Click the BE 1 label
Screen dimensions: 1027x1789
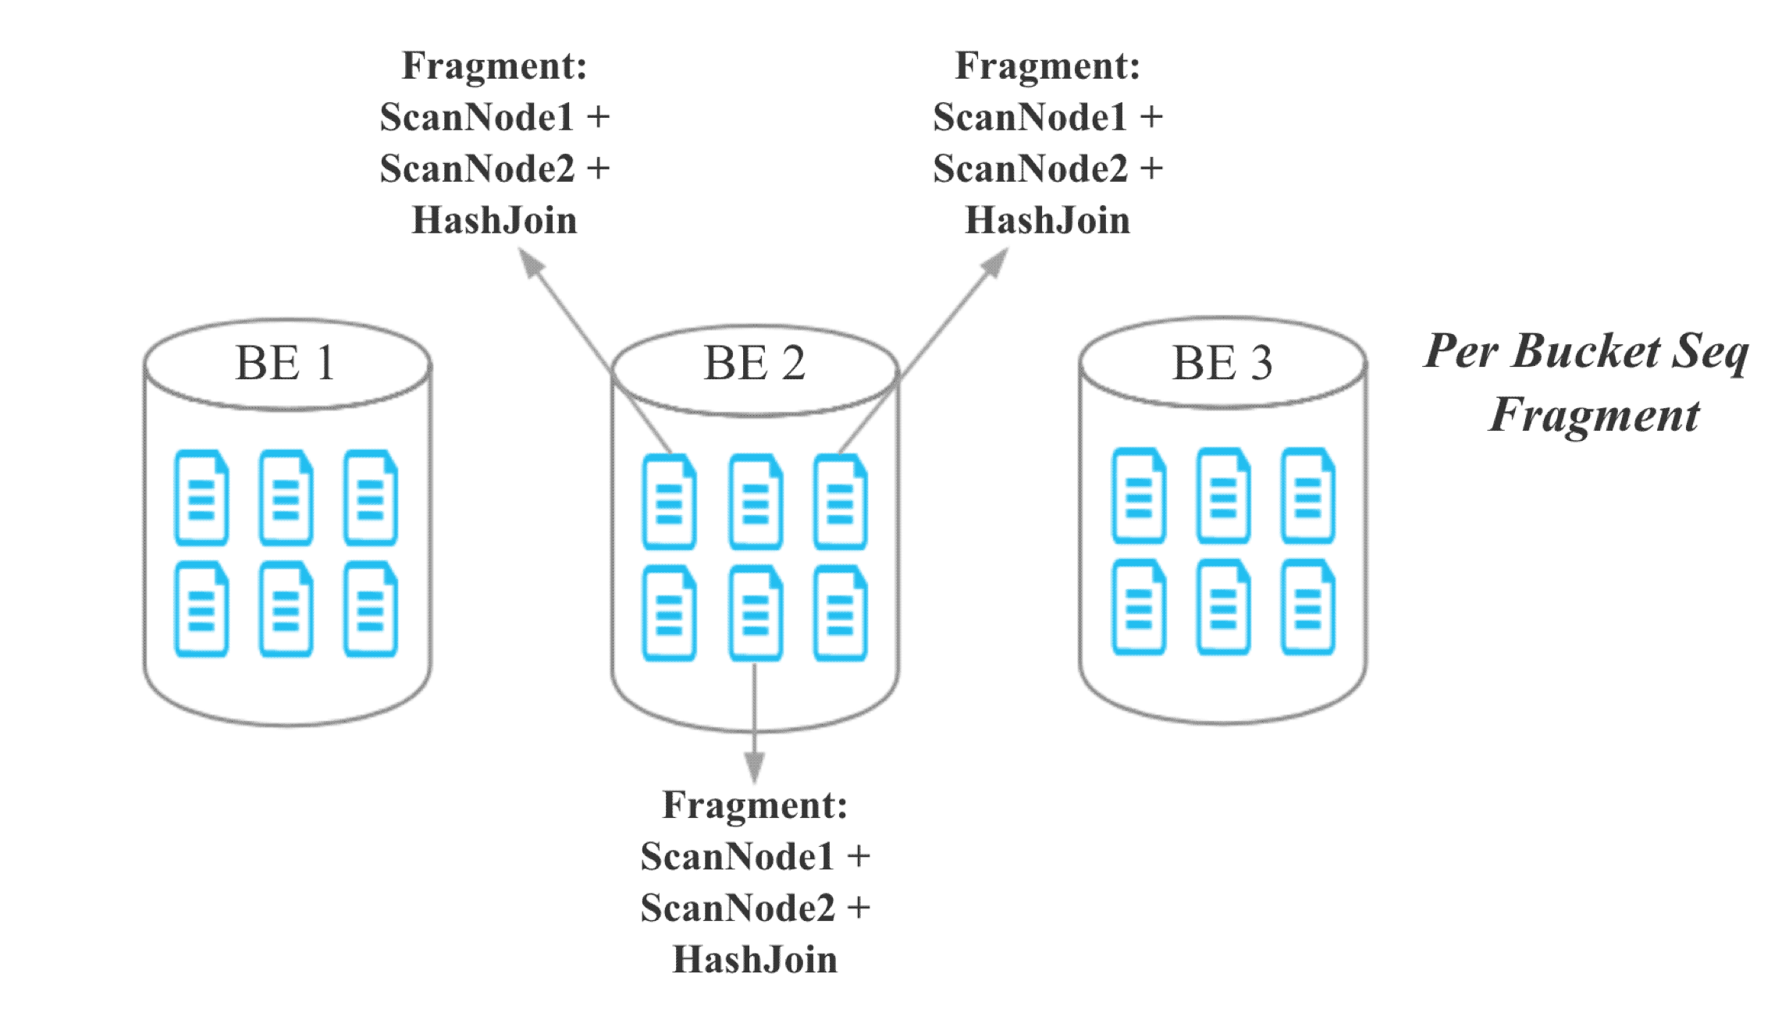(286, 364)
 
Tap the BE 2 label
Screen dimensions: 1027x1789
(754, 364)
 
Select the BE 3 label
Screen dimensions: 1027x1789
(1222, 364)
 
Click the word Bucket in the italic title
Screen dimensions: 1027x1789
(1586, 351)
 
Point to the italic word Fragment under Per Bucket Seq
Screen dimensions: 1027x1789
(1594, 414)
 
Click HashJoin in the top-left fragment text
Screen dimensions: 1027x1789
(494, 220)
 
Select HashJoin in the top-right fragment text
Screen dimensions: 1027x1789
(1047, 220)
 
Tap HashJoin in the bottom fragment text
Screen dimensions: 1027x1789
(755, 960)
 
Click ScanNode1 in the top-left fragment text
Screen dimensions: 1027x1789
(477, 118)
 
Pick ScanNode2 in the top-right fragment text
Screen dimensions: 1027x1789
(1030, 169)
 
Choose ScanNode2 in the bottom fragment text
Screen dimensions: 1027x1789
(738, 908)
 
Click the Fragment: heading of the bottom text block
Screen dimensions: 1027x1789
(755, 805)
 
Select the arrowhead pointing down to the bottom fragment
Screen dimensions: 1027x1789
(754, 766)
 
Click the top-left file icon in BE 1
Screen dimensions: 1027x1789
(201, 497)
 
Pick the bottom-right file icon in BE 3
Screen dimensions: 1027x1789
(1307, 607)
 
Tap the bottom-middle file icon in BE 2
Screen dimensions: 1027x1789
(755, 613)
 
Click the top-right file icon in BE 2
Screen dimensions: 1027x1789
(840, 502)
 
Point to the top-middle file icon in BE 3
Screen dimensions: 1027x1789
(1223, 496)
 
